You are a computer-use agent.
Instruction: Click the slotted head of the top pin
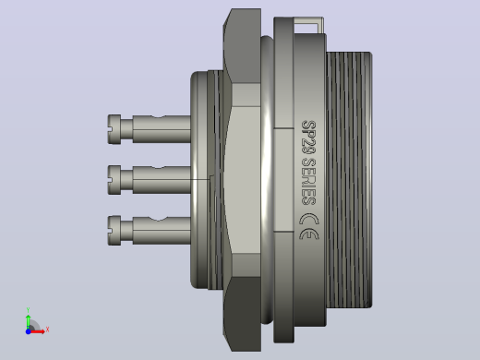(114, 129)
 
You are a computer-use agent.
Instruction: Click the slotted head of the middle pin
(114, 180)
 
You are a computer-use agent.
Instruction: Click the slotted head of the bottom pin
(114, 231)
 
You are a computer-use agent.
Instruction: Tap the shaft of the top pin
(162, 129)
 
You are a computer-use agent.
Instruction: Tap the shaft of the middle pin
(162, 180)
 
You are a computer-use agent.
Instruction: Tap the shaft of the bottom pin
(162, 231)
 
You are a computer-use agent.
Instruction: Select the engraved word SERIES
(308, 182)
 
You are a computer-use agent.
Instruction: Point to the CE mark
(309, 226)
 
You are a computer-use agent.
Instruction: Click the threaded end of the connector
(349, 180)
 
